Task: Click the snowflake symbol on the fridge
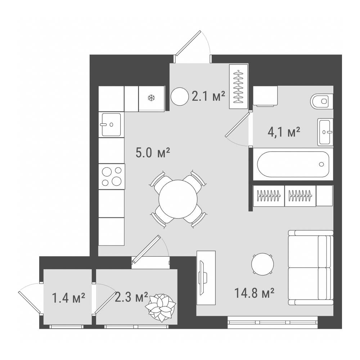[151, 98]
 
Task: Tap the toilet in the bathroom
[321, 101]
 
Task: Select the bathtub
[293, 164]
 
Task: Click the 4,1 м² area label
[284, 132]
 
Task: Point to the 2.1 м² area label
[208, 96]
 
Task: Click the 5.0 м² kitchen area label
[153, 153]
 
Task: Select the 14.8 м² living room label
[255, 293]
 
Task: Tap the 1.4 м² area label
[69, 298]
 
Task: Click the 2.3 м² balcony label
[131, 297]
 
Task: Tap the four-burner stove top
[112, 176]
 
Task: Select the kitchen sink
[111, 125]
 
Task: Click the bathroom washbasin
[325, 132]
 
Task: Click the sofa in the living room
[311, 268]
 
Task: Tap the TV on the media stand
[203, 278]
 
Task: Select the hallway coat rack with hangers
[239, 86]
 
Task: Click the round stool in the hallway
[180, 96]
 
